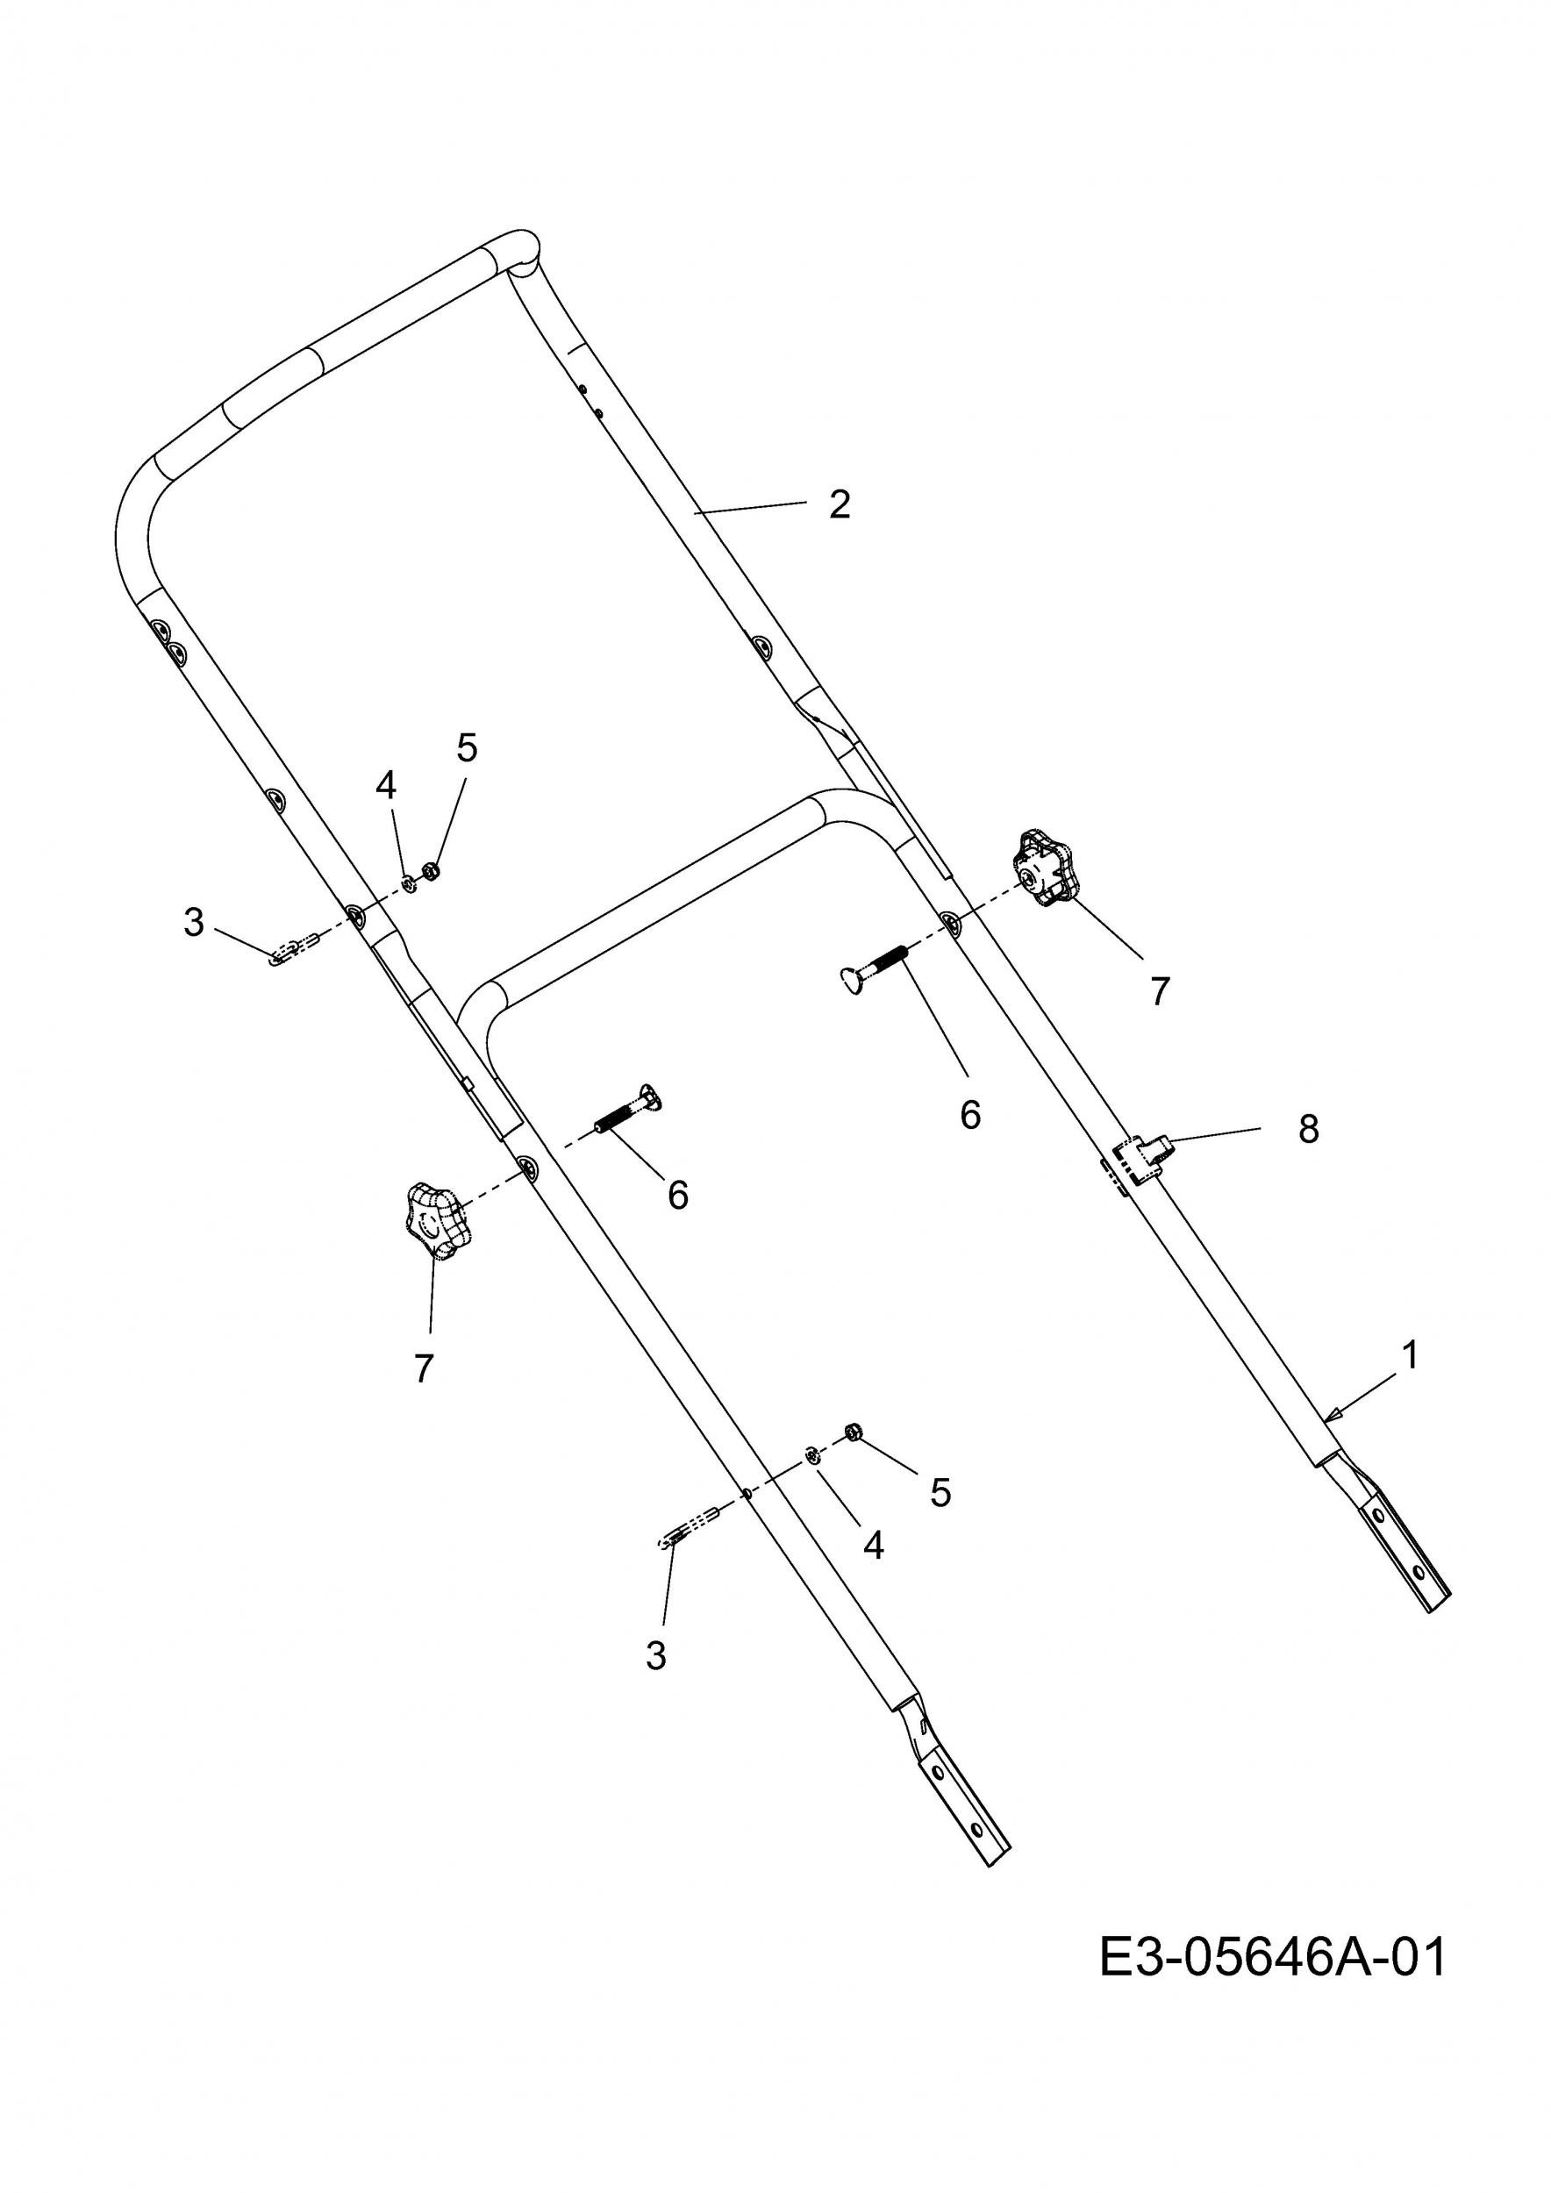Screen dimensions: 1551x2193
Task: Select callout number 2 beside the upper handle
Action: point(840,504)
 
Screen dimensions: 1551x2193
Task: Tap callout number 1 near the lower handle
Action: point(1410,1355)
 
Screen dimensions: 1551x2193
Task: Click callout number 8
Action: point(1308,1129)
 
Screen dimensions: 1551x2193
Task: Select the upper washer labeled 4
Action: point(408,882)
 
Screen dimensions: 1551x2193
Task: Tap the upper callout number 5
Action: point(466,748)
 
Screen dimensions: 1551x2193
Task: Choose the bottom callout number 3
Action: point(655,1655)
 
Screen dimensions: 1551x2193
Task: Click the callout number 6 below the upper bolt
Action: point(970,1114)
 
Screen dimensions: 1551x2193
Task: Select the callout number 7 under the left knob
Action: point(424,1368)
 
